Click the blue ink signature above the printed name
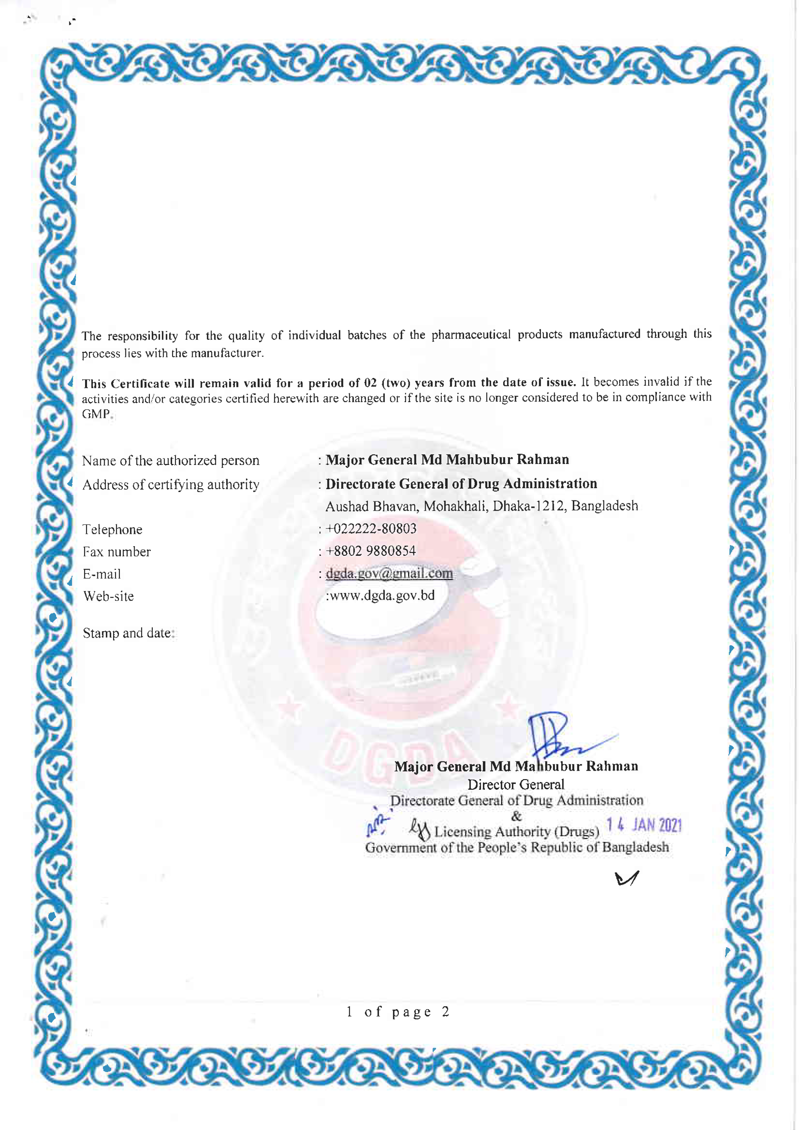(556, 737)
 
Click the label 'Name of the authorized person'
(170, 461)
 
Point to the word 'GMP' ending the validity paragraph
(96, 414)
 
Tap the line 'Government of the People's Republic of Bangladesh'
(516, 847)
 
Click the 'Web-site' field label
(108, 596)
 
